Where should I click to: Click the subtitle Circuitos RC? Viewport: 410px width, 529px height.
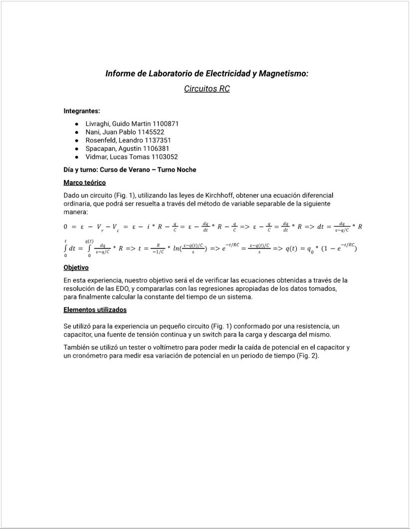(x=206, y=89)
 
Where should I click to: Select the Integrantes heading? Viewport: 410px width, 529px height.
(x=82, y=111)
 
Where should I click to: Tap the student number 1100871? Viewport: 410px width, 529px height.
(x=161, y=124)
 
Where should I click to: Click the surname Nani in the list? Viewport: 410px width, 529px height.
(x=93, y=132)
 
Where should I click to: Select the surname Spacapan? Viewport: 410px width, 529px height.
(x=101, y=148)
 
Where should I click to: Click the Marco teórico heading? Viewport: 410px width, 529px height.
(x=85, y=183)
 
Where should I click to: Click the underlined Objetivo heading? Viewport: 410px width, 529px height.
(x=76, y=267)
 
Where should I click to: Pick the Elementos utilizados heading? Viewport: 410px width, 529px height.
(x=95, y=310)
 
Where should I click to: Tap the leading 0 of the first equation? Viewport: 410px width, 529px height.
(x=66, y=227)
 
